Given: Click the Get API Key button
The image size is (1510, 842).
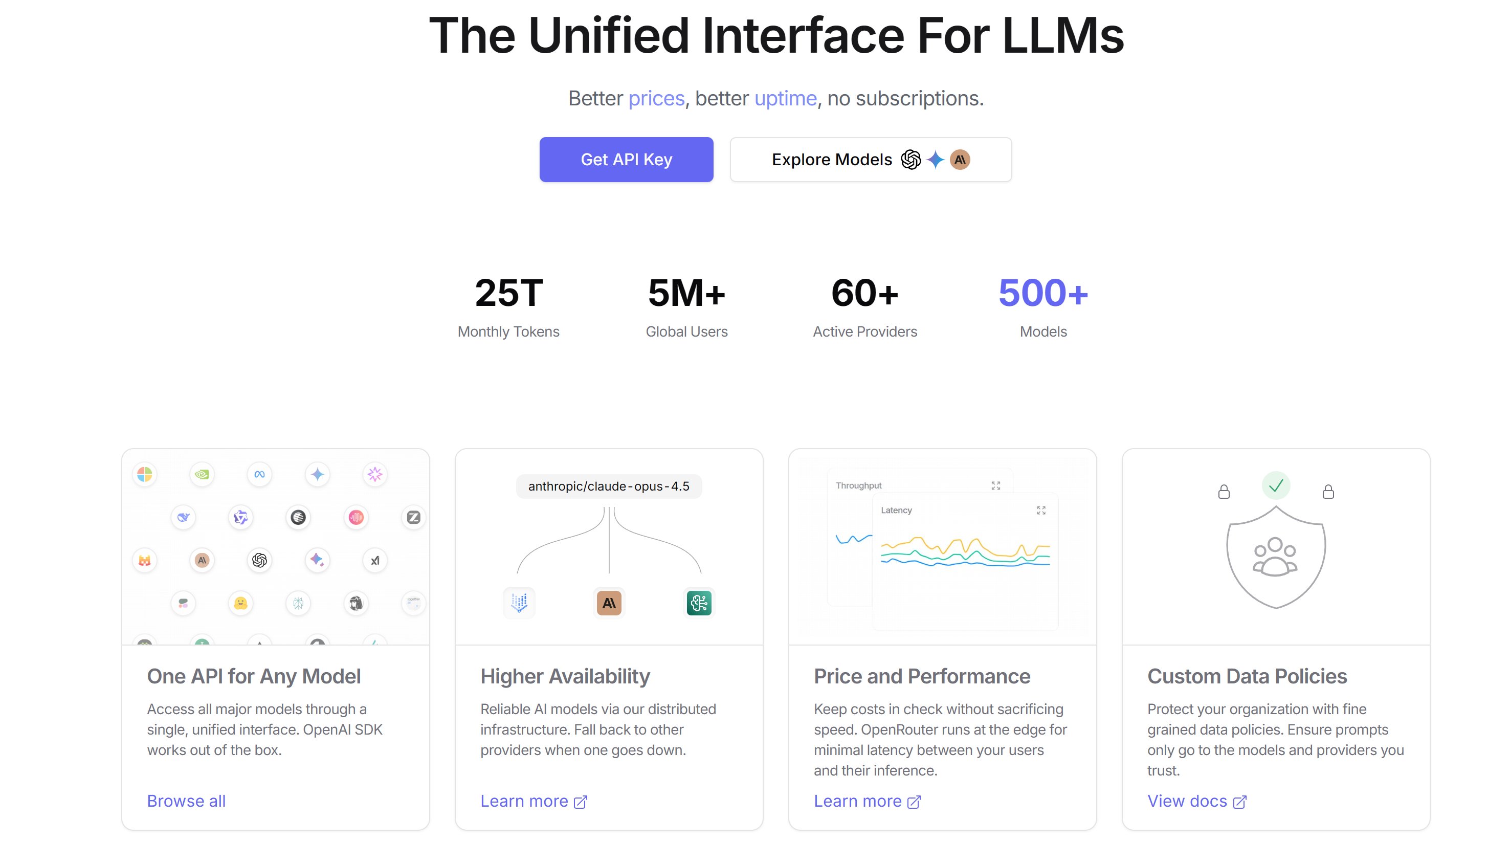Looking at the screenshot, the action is [x=626, y=160].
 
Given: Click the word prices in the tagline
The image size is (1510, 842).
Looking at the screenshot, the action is [x=656, y=99].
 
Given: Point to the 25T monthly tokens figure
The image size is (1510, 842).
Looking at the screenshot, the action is [x=509, y=293].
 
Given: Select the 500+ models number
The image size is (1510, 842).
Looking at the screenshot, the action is [x=1043, y=293].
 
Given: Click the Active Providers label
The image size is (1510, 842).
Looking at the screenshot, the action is [x=864, y=331].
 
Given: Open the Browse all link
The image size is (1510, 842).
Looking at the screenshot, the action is [x=186, y=801].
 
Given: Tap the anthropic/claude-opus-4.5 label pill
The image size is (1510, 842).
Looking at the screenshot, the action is [x=609, y=486].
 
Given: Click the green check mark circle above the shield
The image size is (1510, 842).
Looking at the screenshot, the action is [x=1276, y=485].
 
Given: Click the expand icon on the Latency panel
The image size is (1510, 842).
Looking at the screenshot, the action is [x=1040, y=510].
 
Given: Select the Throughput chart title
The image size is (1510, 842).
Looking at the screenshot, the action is [x=858, y=485].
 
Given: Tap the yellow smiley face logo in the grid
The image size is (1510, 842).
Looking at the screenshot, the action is [x=240, y=603].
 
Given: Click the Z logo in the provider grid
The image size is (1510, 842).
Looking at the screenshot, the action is [x=413, y=517].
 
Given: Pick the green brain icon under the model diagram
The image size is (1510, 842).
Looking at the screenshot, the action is [x=699, y=603].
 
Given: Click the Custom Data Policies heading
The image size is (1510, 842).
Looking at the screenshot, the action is [x=1247, y=676].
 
